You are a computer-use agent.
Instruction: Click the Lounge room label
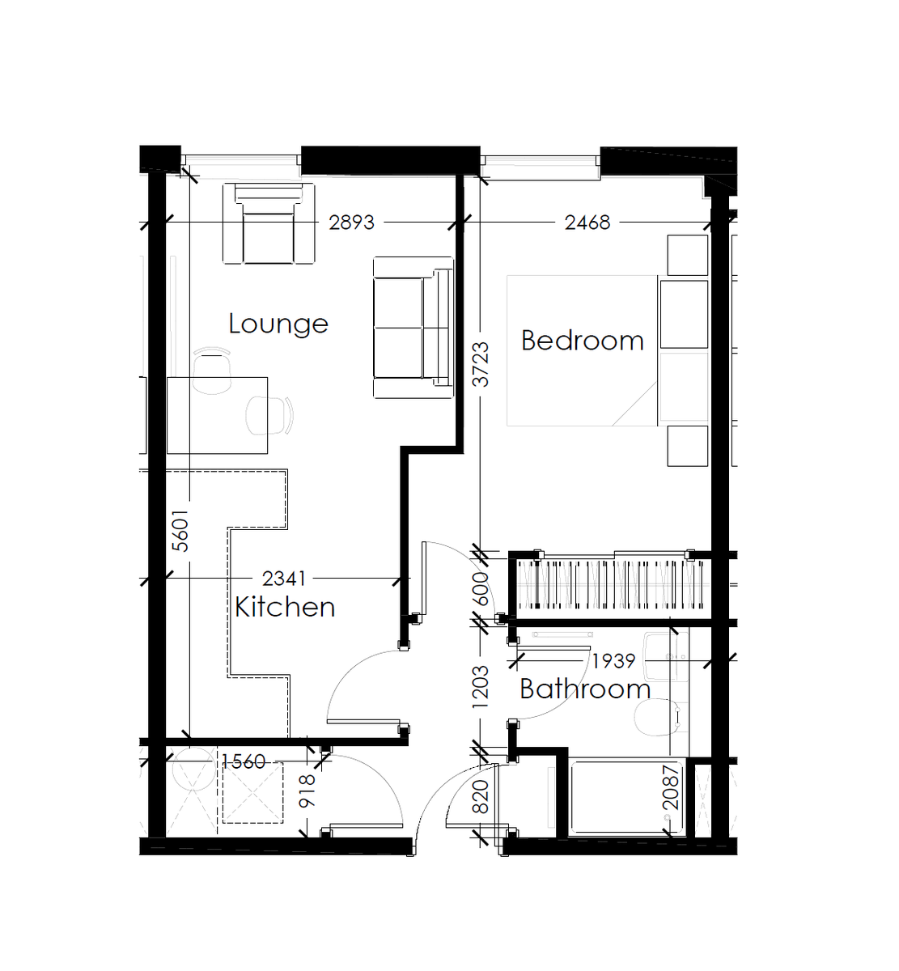tap(278, 324)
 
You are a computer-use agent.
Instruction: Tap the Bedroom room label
tap(582, 341)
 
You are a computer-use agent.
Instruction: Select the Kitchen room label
tap(285, 607)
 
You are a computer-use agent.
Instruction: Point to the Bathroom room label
tap(585, 689)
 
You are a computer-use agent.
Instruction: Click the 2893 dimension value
tap(351, 223)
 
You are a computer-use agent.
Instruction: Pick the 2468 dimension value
tap(587, 223)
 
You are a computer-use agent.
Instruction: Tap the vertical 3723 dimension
tap(481, 364)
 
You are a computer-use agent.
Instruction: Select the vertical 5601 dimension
tap(181, 530)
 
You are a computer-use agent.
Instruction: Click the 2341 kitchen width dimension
tap(284, 579)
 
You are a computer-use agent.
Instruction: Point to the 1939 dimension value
tap(613, 661)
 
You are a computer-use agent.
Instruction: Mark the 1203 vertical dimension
tap(481, 687)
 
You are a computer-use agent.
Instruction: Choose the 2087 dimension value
tap(671, 787)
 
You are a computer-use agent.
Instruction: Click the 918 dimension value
tap(307, 791)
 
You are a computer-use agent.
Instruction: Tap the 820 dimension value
tap(481, 797)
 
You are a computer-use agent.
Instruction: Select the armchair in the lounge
tap(269, 224)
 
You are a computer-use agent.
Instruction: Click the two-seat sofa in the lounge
tap(412, 327)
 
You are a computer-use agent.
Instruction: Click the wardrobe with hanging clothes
tap(611, 584)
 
